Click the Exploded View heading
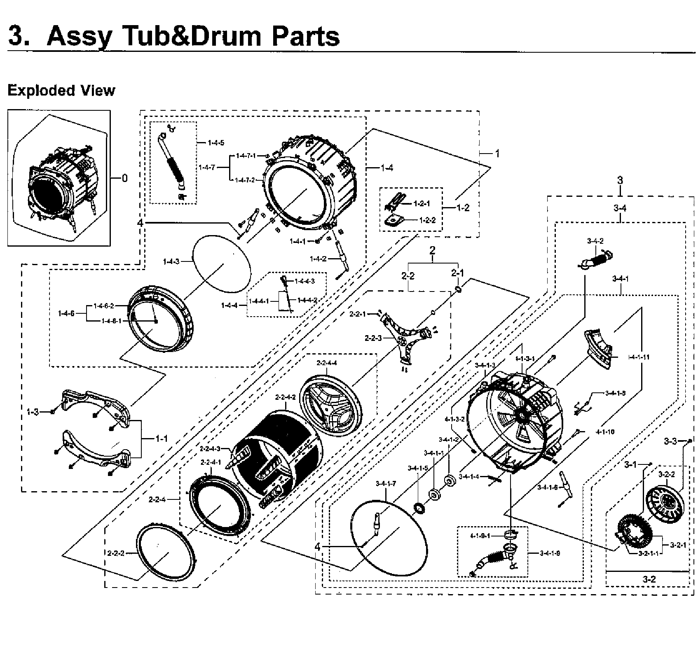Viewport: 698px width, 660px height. point(61,90)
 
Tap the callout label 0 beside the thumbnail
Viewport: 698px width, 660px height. point(124,178)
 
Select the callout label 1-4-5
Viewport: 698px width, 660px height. point(216,143)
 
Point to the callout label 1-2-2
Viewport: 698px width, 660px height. point(427,220)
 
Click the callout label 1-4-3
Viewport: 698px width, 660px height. point(171,261)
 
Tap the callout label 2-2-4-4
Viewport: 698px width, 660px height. point(327,363)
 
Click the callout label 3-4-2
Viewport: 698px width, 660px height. point(595,241)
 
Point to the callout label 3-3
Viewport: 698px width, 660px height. point(670,441)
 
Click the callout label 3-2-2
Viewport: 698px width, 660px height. point(666,474)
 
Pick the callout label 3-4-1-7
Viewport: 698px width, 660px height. point(386,483)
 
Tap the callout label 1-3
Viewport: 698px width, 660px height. point(33,412)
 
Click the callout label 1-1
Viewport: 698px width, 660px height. point(161,439)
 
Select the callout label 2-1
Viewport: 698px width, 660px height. point(457,273)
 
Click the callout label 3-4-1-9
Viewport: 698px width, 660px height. point(550,553)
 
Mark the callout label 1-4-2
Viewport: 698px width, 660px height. point(318,259)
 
